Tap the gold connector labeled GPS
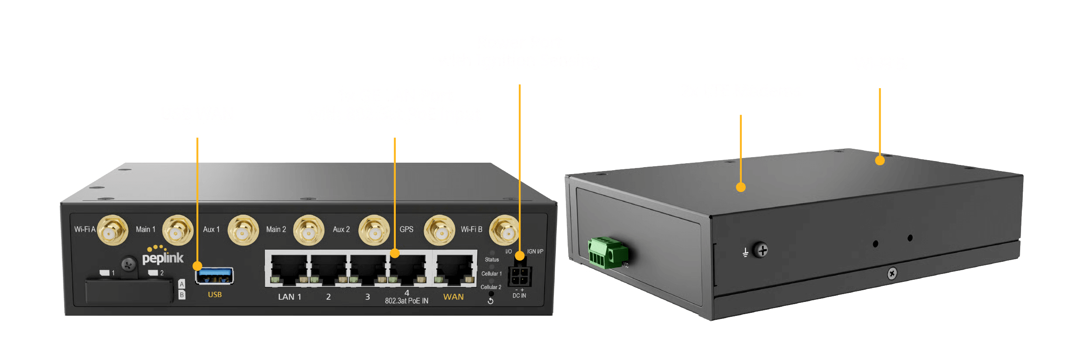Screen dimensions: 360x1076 [x=439, y=231]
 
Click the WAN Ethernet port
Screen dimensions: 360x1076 [x=455, y=269]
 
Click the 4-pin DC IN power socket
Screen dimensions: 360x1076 [x=519, y=275]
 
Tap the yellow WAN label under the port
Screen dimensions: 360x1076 [x=453, y=297]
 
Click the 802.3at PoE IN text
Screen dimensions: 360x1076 [x=406, y=301]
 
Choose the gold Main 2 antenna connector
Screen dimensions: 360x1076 [x=308, y=231]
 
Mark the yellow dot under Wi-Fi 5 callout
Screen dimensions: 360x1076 [x=880, y=161]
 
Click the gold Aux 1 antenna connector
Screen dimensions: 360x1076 [x=243, y=231]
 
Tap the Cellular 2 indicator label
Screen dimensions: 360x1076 [x=490, y=287]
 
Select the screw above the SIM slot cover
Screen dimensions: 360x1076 [x=128, y=264]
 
